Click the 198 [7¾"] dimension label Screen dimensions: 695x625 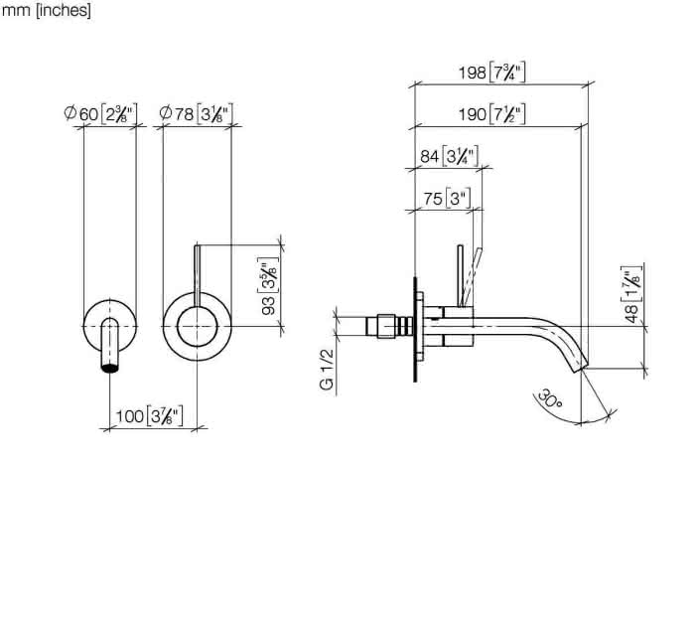coord(491,72)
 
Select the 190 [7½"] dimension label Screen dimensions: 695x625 coord(491,114)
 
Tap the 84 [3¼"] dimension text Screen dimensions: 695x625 coord(450,156)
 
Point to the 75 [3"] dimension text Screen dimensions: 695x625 coord(447,198)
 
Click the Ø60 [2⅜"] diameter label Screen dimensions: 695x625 coord(100,113)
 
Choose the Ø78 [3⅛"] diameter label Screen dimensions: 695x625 coord(196,113)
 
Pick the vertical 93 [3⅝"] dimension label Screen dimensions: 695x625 coord(269,286)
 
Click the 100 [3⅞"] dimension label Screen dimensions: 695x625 coord(149,416)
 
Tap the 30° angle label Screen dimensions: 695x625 coord(550,398)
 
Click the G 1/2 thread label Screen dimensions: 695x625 coord(327,369)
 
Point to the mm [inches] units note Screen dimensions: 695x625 coord(46,10)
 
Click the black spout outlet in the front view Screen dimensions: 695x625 coord(110,368)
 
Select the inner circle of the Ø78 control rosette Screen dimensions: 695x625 coord(198,326)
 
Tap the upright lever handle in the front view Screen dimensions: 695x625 coord(198,275)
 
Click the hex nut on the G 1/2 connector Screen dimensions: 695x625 coord(385,326)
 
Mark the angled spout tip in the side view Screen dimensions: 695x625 coord(581,365)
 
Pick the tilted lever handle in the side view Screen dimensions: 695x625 coord(472,277)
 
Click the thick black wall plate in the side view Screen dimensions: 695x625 coord(415,329)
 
